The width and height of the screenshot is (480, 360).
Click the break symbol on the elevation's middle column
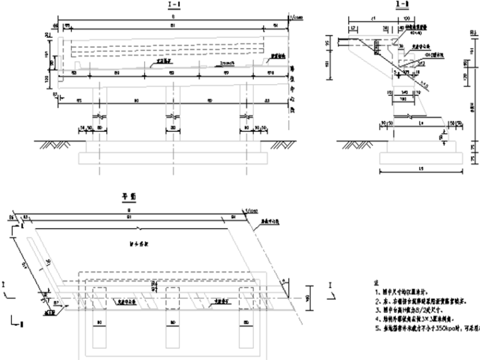pyautogui.click(x=172, y=118)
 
